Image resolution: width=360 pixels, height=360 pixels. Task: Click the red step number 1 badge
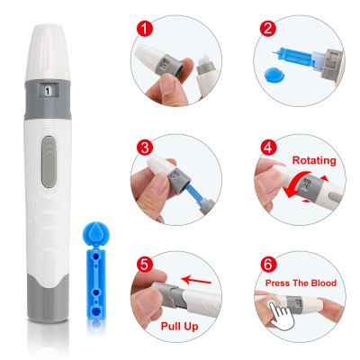coord(145,29)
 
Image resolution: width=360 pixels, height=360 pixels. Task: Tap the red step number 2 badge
coord(268,29)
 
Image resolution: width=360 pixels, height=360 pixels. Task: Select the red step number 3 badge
coord(145,148)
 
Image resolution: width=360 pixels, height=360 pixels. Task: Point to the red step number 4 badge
coord(268,148)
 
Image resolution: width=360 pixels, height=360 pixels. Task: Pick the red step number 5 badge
coord(145,265)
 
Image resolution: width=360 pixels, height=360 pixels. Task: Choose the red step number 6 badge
coord(268,265)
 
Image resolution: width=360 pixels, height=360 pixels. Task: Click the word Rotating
coord(314,160)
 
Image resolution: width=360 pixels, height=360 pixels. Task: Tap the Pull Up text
coord(179,327)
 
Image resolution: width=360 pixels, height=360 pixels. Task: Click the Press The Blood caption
coord(301,283)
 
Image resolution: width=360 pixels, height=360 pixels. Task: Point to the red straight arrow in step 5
coord(196,280)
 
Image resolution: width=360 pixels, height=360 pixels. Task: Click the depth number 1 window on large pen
coord(48,91)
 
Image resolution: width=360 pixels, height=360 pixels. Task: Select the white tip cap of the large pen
coord(48,52)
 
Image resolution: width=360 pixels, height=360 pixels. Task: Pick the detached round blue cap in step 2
coord(274,75)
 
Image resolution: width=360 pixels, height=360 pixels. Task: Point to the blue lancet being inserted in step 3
coord(196,194)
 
